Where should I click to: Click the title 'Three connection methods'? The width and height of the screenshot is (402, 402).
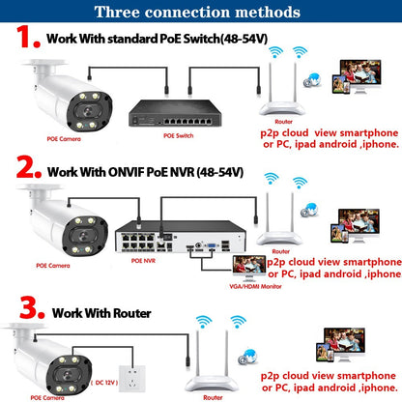(200, 13)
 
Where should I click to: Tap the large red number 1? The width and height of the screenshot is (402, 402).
(24, 42)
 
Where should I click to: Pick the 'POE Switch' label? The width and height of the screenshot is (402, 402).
(179, 135)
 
